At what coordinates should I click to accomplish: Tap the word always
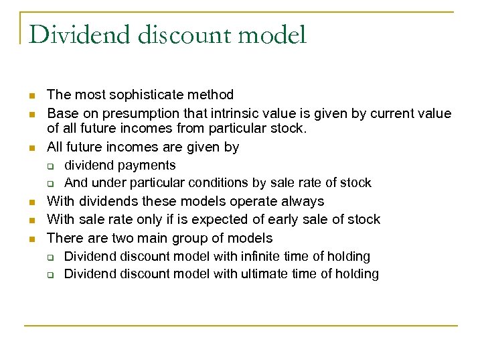tap(300, 201)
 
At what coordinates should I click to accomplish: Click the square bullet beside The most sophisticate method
tap(32, 96)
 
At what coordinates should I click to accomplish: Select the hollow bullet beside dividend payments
tap(49, 166)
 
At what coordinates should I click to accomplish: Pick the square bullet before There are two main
tap(32, 238)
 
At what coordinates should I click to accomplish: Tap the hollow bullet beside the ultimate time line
tap(49, 275)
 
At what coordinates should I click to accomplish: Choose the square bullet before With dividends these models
tap(32, 201)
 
